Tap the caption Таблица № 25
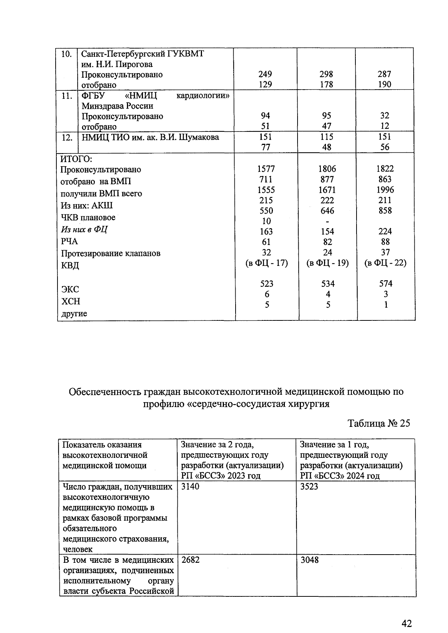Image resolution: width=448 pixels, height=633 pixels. coord(379,423)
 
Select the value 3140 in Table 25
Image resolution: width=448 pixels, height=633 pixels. coord(190,487)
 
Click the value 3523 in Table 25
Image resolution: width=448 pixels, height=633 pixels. coord(309,487)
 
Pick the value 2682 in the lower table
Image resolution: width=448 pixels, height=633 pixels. coord(190,560)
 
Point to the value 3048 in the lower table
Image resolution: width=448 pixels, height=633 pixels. coord(309,560)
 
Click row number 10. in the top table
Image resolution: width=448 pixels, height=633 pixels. coord(66,54)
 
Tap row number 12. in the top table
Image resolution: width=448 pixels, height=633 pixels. coord(67,137)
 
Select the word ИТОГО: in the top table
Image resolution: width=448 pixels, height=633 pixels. coord(76,159)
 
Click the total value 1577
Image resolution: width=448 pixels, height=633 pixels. coord(266,169)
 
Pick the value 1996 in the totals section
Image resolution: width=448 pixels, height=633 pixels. coord(385,190)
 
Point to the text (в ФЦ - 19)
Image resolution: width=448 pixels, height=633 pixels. coord(327,263)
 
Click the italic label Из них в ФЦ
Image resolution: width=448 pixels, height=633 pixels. coord(84,229)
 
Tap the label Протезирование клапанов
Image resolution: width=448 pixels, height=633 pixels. coord(111,253)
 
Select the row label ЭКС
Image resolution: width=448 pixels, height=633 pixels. coord(70,289)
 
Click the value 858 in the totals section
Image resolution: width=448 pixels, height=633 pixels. coord(385,211)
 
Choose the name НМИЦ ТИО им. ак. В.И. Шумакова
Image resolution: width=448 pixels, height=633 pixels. coord(150,137)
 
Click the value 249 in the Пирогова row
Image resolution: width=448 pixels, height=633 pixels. coord(265,74)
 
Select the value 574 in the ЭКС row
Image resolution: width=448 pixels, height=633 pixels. coord(385,284)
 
